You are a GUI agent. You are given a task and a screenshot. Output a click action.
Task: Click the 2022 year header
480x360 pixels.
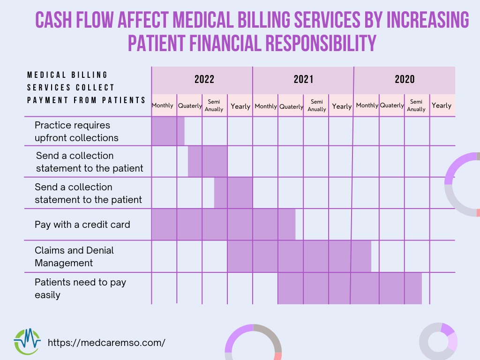click(x=204, y=79)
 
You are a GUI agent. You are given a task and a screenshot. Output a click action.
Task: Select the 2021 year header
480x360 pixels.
click(x=303, y=79)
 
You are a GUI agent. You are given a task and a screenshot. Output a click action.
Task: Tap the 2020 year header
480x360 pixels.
click(x=405, y=79)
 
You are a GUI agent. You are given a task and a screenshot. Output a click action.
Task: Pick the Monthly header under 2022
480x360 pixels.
click(x=163, y=105)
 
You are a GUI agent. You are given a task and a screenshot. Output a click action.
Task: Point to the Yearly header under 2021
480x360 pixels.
click(x=342, y=106)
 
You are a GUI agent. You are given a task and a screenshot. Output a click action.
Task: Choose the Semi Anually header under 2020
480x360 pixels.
click(x=416, y=105)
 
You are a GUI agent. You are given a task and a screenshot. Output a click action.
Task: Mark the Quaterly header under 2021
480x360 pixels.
click(x=291, y=106)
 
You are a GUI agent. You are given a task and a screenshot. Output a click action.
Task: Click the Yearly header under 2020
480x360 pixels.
click(x=442, y=105)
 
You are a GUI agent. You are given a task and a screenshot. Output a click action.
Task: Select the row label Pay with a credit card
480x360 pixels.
click(x=82, y=225)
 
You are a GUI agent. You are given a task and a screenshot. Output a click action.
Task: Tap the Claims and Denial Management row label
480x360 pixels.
click(x=74, y=256)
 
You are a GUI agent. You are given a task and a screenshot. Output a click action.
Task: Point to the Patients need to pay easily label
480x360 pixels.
click(x=80, y=288)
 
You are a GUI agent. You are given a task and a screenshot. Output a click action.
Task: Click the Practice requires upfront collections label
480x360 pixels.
click(x=76, y=132)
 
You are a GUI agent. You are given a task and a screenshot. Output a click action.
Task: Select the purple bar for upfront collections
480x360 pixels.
click(x=168, y=131)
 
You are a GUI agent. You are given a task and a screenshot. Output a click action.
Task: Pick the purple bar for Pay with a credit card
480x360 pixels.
click(x=223, y=225)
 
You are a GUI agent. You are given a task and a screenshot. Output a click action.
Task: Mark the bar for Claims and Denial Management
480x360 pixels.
click(x=299, y=256)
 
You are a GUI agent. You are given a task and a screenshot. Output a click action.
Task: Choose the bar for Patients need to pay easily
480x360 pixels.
click(x=350, y=288)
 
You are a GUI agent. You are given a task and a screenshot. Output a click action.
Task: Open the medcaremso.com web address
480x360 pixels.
click(x=106, y=342)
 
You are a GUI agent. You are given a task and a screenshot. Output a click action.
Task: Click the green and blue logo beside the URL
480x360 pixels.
click(x=27, y=341)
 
